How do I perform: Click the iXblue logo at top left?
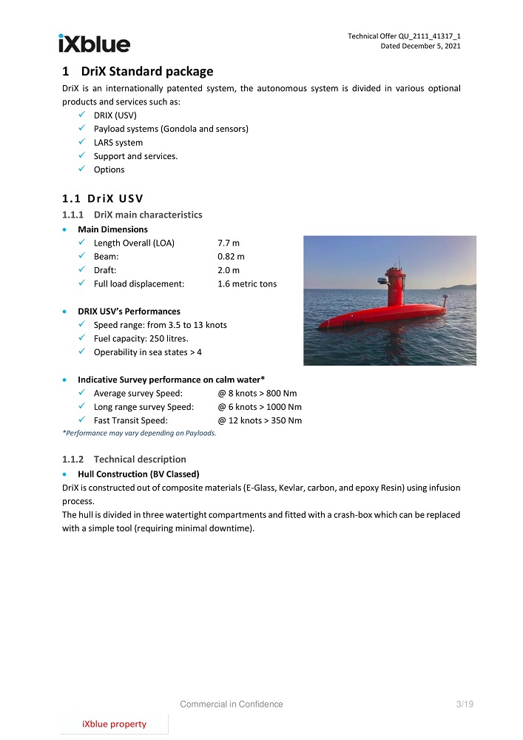[94, 43]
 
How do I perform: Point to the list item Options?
[109, 169]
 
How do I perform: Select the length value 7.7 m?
[228, 243]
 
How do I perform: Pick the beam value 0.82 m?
[231, 257]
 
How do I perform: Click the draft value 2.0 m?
[228, 270]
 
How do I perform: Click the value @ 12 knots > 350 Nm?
[260, 420]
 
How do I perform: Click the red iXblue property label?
[114, 724]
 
